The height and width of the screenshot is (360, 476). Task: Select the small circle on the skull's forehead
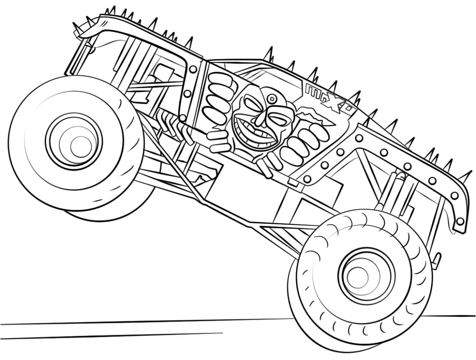coord(271,98)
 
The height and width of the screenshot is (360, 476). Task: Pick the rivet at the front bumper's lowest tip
coord(459,221)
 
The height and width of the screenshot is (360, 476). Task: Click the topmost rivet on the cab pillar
coord(193,70)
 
